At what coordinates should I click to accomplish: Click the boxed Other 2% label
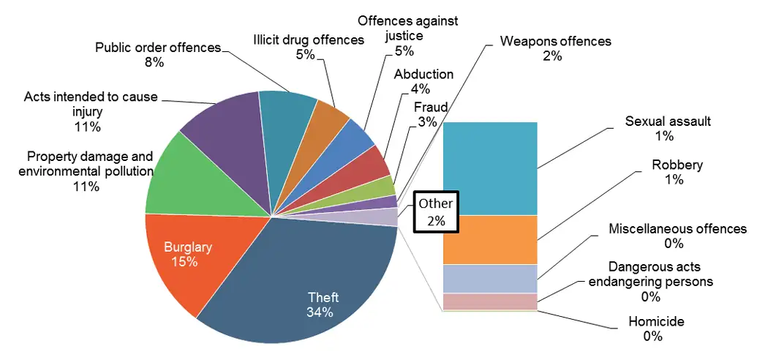tap(436, 211)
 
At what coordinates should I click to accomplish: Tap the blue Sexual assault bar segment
tap(490, 168)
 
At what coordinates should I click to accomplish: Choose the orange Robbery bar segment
tap(490, 239)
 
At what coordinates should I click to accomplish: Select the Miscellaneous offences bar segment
tap(490, 279)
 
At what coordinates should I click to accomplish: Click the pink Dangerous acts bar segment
tap(490, 301)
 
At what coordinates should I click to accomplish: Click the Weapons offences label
tap(555, 41)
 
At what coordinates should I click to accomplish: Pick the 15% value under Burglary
tap(184, 261)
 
